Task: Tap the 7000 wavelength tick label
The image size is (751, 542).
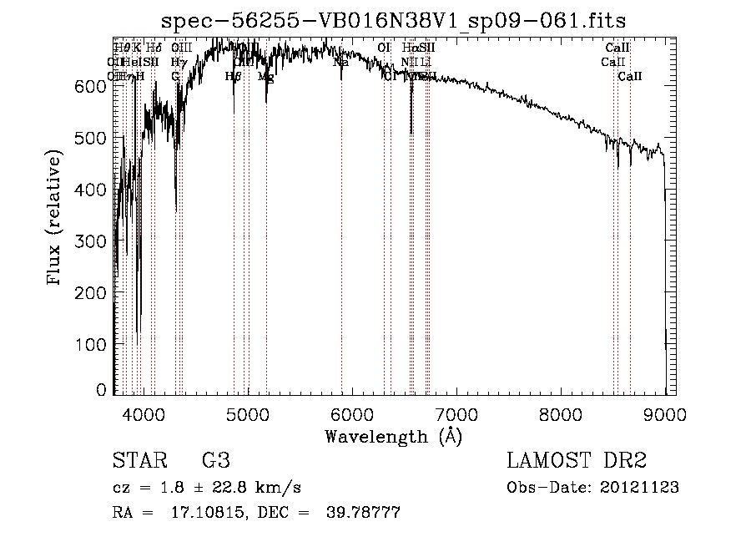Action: click(x=456, y=413)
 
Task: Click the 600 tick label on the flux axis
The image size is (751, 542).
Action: click(x=96, y=86)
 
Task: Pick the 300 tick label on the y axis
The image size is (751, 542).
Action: click(x=96, y=241)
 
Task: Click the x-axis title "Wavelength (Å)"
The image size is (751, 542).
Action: click(x=393, y=436)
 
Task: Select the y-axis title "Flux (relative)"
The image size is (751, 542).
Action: click(x=56, y=219)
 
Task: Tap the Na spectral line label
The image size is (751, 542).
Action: click(x=340, y=62)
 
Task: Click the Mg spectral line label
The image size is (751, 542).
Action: click(x=266, y=77)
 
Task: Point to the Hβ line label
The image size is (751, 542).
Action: click(x=233, y=76)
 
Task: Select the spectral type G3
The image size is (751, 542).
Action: click(x=215, y=461)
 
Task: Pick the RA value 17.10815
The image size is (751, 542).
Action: click(x=187, y=513)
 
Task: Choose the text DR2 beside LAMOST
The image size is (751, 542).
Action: click(x=622, y=461)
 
